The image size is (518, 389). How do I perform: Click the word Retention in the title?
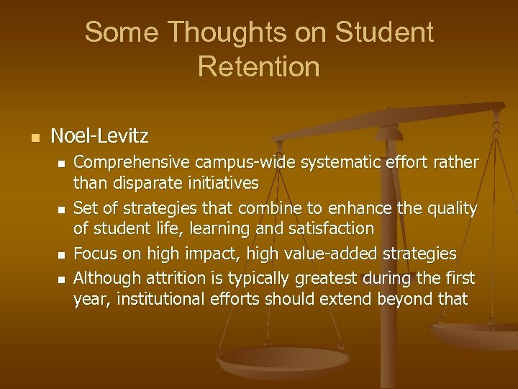coord(258,66)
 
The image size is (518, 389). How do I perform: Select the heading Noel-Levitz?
coord(100,135)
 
